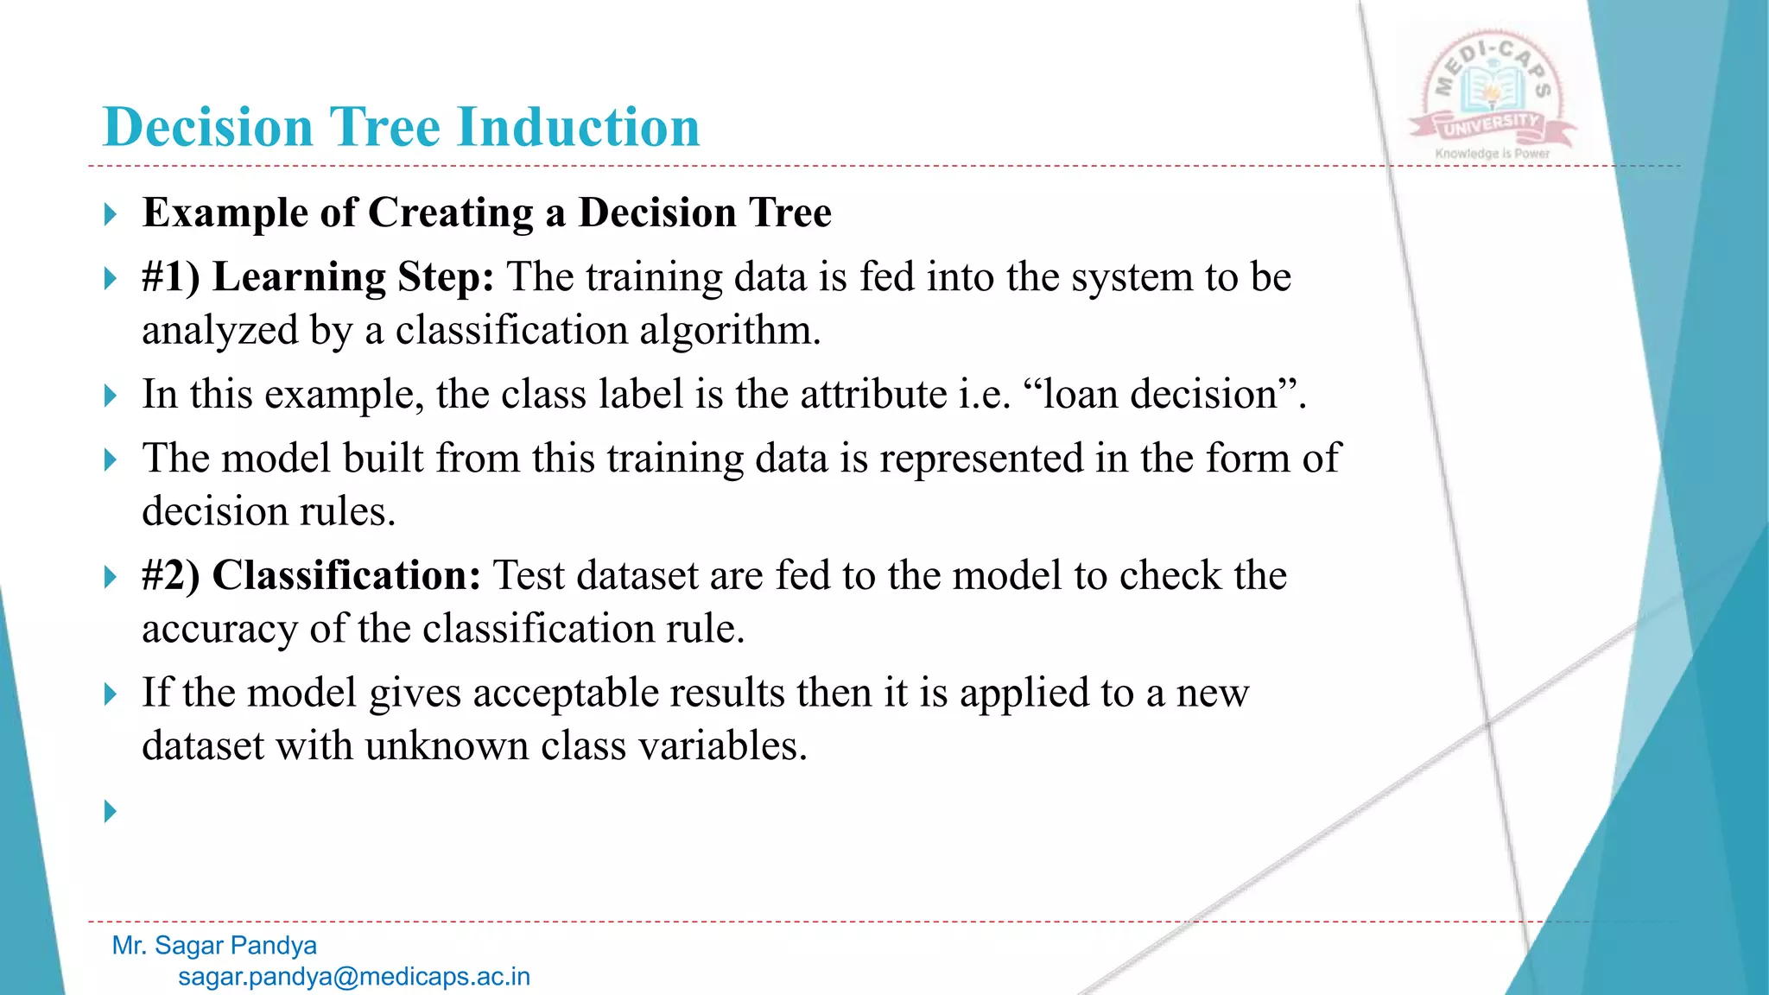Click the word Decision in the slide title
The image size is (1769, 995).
[207, 128]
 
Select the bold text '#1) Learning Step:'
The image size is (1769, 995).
[318, 277]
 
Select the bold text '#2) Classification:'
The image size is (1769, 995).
[311, 575]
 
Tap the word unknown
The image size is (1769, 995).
[446, 746]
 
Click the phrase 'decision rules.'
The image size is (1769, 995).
[268, 512]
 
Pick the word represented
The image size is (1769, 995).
[981, 459]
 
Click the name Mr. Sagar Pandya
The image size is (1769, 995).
[214, 946]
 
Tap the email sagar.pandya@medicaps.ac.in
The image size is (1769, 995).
[354, 977]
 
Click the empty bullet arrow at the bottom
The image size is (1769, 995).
[110, 811]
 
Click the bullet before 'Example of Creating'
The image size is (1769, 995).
[110, 213]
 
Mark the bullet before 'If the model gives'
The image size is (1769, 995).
[110, 694]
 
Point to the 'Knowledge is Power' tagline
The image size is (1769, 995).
[1492, 154]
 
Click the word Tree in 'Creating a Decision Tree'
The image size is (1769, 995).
[790, 213]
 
